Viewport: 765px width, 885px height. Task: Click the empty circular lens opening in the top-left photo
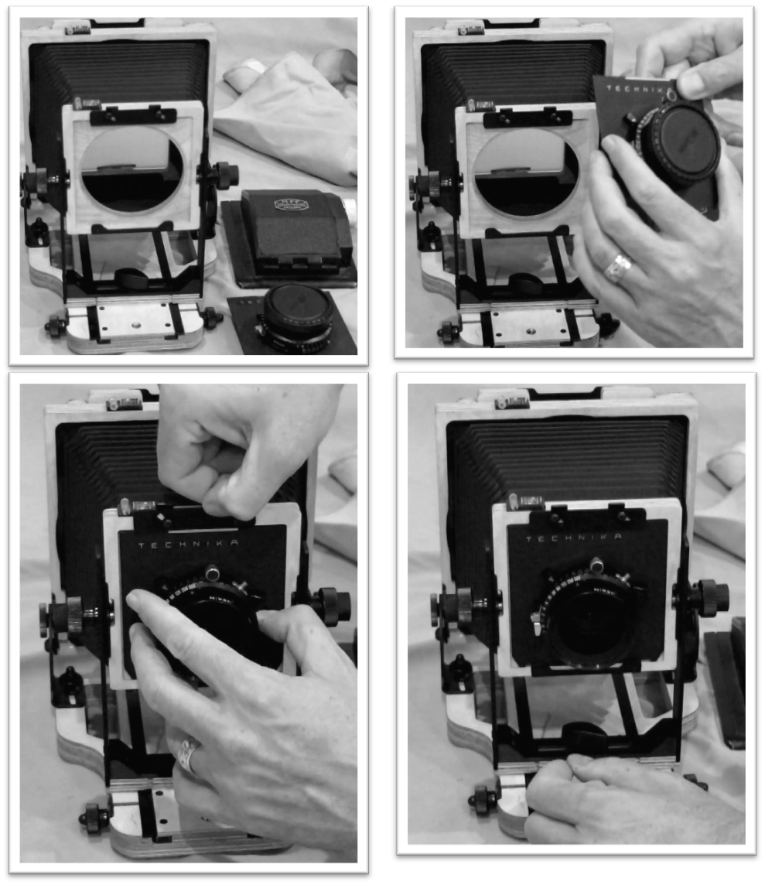131,169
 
